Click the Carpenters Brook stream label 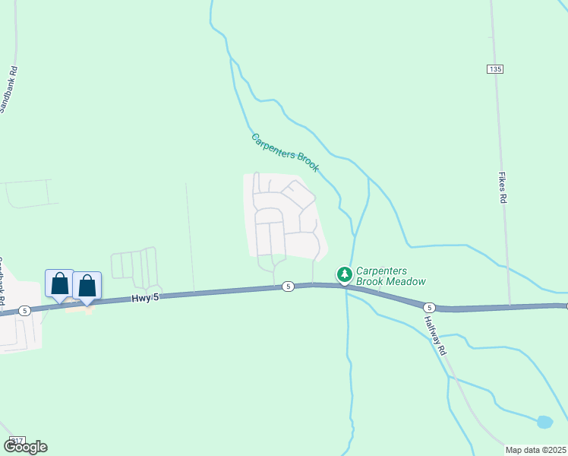click(286, 153)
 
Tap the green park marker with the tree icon click(344, 274)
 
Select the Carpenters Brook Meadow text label click(391, 276)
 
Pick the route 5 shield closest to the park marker click(288, 286)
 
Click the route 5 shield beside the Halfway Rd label click(430, 307)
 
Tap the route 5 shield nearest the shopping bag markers click(25, 310)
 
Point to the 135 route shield click(495, 69)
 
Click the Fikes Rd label click(502, 187)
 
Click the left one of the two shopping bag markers click(59, 284)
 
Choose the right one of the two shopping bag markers click(87, 287)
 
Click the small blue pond click(544, 422)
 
